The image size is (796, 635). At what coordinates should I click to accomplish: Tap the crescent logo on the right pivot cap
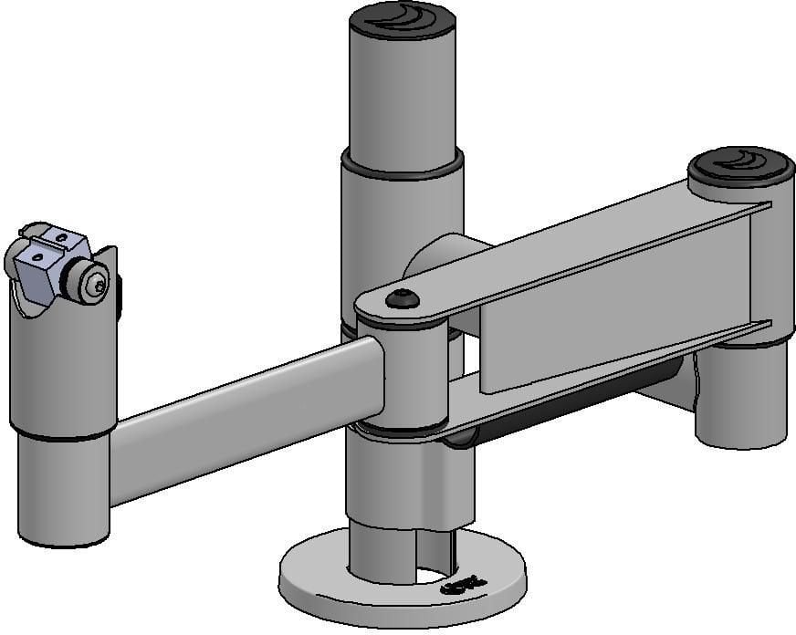(741, 162)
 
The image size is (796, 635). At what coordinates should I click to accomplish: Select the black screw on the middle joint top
(403, 298)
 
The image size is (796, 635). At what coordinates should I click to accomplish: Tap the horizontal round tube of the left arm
(246, 420)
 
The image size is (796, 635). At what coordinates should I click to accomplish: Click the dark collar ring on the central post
(402, 165)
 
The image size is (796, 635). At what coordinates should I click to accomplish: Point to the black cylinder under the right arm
(584, 401)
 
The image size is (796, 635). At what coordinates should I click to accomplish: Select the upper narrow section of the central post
(402, 91)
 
